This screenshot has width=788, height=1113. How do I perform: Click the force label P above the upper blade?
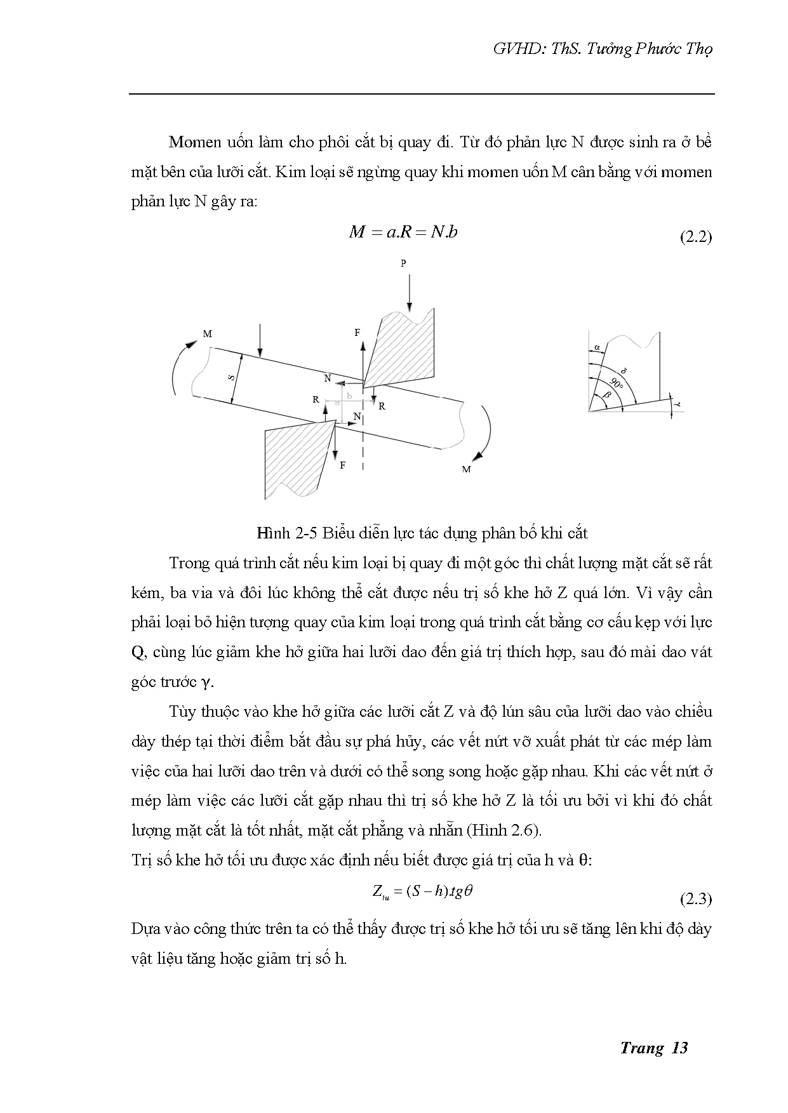(x=403, y=263)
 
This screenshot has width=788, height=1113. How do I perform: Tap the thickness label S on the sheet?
(x=231, y=378)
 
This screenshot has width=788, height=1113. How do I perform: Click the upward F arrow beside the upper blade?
(x=363, y=362)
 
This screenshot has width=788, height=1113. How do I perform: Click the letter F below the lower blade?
(x=343, y=465)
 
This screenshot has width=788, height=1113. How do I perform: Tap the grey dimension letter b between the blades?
(x=349, y=395)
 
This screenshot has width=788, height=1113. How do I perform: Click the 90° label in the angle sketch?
(x=615, y=383)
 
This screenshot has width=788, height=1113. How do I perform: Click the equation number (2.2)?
(x=696, y=237)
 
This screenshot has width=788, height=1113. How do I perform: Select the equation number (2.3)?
(x=696, y=899)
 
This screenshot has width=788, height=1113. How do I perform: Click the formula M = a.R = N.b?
(x=403, y=232)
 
